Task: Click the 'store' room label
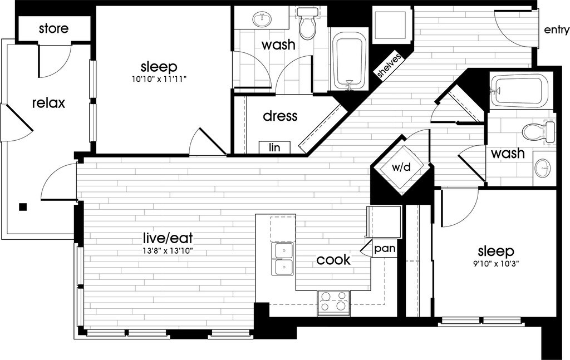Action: pos(54,28)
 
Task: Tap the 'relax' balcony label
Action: pos(48,103)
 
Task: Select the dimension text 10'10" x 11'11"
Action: pos(159,79)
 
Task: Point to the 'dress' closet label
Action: pos(280,116)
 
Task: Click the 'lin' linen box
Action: pos(274,147)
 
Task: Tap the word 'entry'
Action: pos(556,30)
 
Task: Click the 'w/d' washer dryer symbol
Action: pos(401,167)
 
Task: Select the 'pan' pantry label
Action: pos(385,248)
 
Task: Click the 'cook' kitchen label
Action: pos(333,259)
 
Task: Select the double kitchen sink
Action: pos(283,259)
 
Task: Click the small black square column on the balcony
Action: pos(23,207)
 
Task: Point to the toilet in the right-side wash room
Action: pos(538,132)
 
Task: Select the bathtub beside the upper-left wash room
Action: pos(349,59)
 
